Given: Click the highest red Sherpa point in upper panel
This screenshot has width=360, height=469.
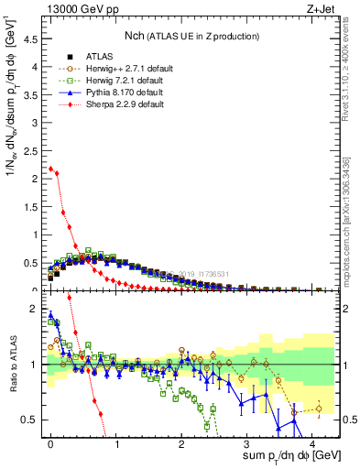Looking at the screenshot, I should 51,169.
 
